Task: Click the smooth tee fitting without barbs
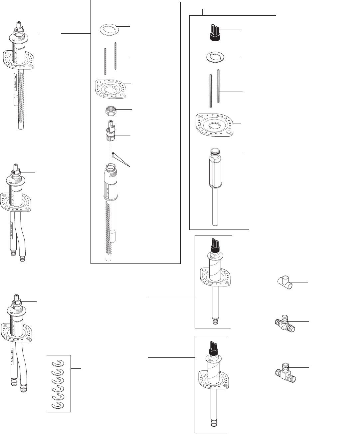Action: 285,283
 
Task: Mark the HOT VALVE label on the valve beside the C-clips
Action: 12,356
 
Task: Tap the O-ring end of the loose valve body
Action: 215,152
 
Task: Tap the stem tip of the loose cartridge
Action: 111,124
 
